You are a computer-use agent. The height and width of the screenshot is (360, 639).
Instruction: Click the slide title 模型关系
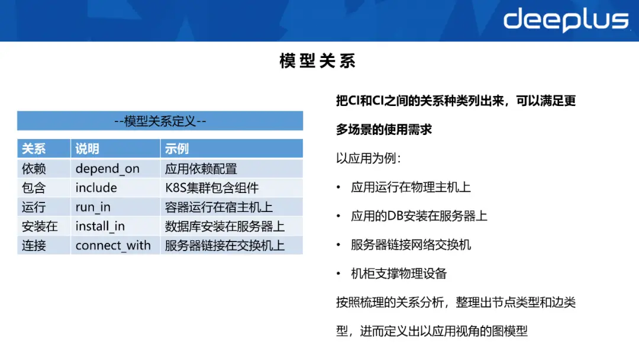(317, 61)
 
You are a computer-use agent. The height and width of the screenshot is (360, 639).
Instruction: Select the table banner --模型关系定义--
(160, 121)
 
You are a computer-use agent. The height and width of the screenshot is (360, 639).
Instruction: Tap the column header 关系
(34, 149)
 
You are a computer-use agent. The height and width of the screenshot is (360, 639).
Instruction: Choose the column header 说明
(88, 149)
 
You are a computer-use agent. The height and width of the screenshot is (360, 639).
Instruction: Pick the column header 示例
(177, 149)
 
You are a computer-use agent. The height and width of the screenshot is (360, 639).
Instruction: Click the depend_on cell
(107, 169)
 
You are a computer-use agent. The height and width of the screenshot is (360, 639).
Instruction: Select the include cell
(96, 188)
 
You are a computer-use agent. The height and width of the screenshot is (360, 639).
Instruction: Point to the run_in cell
(93, 207)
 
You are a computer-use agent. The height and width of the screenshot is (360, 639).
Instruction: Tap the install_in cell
(100, 226)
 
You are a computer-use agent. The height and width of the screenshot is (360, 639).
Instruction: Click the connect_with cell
(113, 245)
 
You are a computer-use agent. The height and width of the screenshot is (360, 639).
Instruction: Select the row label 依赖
(34, 169)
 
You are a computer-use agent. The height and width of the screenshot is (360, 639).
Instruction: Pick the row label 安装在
(40, 226)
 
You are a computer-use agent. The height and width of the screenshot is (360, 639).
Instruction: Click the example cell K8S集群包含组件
(212, 188)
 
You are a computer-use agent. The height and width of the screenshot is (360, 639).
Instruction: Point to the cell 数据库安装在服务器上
(225, 226)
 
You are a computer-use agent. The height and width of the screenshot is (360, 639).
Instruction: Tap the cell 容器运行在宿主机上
(219, 207)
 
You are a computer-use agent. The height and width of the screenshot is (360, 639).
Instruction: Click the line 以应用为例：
(369, 159)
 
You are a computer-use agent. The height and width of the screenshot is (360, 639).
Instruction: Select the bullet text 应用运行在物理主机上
(411, 187)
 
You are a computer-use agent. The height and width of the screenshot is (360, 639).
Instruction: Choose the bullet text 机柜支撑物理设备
(399, 274)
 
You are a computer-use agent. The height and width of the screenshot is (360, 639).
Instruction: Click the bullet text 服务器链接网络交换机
(411, 245)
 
